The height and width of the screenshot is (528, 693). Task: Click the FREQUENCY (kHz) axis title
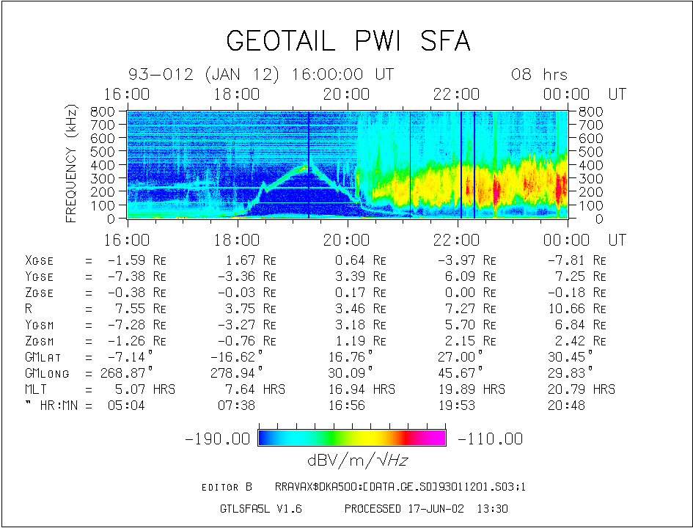[x=72, y=163]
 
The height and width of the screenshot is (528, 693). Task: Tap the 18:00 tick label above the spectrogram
[x=237, y=94]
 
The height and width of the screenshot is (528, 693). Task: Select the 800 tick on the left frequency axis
[x=103, y=111]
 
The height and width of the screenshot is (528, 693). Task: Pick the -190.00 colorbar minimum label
[x=218, y=439]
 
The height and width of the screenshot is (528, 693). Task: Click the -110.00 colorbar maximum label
[x=490, y=439]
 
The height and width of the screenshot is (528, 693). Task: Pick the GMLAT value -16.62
[x=241, y=357]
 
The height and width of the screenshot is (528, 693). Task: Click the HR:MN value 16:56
[x=348, y=406]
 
